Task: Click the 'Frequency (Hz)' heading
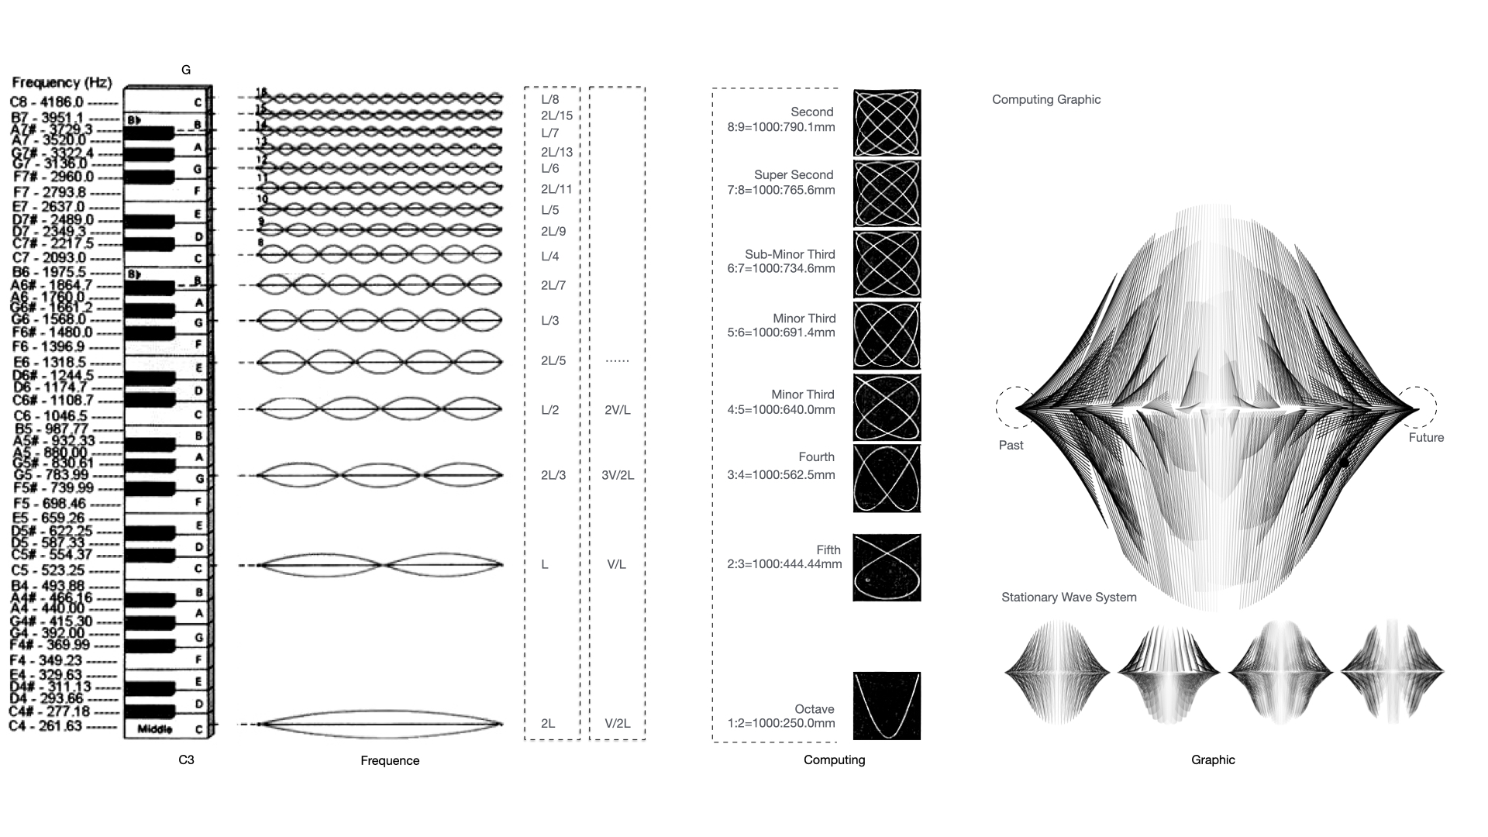pyautogui.click(x=62, y=83)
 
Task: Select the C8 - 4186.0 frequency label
pyautogui.click(x=46, y=102)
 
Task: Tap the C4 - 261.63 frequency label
pyautogui.click(x=45, y=726)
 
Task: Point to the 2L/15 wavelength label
pyautogui.click(x=556, y=116)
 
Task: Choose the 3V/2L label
pyautogui.click(x=618, y=475)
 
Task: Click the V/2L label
pyautogui.click(x=618, y=724)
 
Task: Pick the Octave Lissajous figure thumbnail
pyautogui.click(x=887, y=706)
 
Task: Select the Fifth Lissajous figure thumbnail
pyautogui.click(x=887, y=567)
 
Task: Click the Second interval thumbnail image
pyautogui.click(x=887, y=123)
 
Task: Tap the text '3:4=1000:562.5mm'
pyautogui.click(x=781, y=475)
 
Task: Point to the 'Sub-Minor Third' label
pyautogui.click(x=790, y=254)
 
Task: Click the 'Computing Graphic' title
pyautogui.click(x=1046, y=99)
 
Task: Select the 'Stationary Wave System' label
pyautogui.click(x=1069, y=598)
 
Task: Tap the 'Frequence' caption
pyautogui.click(x=390, y=761)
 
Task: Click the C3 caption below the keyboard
pyautogui.click(x=186, y=760)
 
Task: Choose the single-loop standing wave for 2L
pyautogui.click(x=380, y=724)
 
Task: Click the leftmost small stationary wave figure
pyautogui.click(x=1056, y=672)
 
